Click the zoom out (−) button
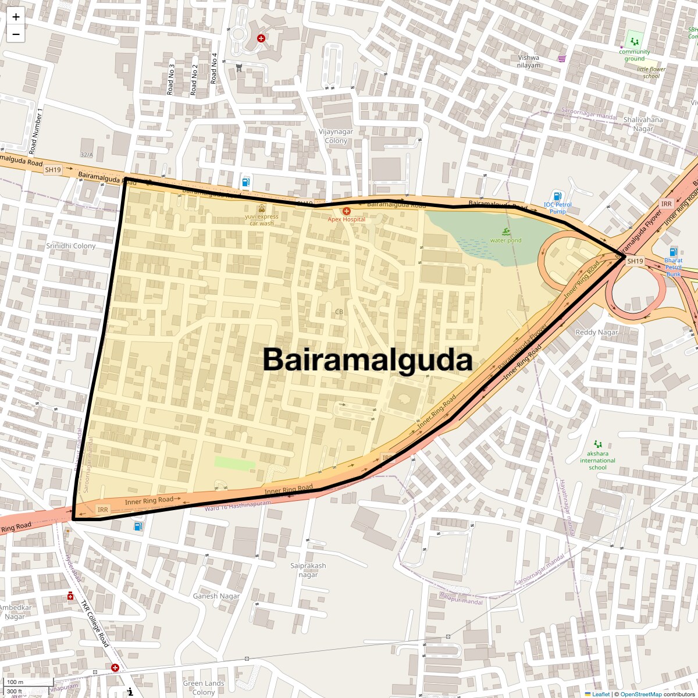tap(16, 34)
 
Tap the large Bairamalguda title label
tap(367, 360)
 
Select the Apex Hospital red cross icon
tap(347, 211)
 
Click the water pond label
tap(506, 240)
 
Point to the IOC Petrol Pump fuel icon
tap(557, 196)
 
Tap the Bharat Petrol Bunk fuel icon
tap(674, 252)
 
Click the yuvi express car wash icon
tap(262, 208)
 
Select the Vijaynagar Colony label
tap(336, 136)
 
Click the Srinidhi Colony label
tap(71, 246)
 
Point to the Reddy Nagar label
tap(597, 332)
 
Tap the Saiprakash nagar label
tap(308, 570)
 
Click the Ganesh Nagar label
tap(216, 596)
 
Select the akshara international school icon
tap(597, 444)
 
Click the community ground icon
tap(633, 42)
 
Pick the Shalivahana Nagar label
tap(643, 124)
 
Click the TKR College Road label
tap(95, 624)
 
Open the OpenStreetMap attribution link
tap(641, 694)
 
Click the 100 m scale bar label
tap(16, 682)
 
